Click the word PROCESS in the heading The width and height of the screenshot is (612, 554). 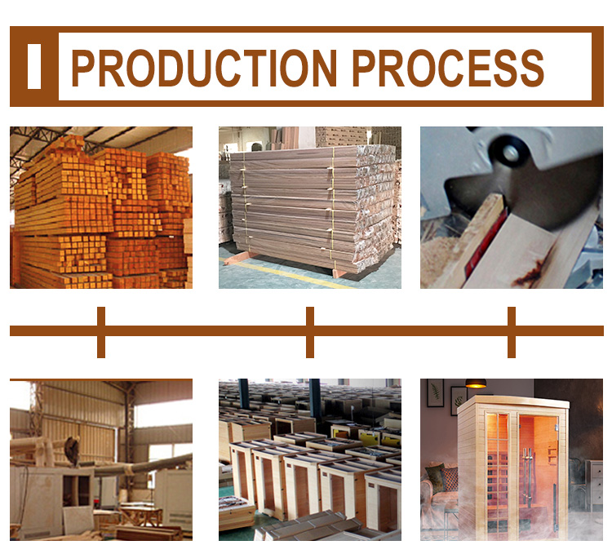pyautogui.click(x=448, y=68)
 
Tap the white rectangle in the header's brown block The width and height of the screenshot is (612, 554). pyautogui.click(x=34, y=66)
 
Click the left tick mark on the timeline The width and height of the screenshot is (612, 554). pyautogui.click(x=101, y=332)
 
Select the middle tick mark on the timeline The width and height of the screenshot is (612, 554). pyautogui.click(x=310, y=332)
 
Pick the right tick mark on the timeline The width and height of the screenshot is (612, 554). pyautogui.click(x=512, y=332)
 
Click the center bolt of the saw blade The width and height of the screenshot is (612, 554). pyautogui.click(x=511, y=153)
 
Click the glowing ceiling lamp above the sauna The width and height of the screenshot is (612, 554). pyautogui.click(x=476, y=383)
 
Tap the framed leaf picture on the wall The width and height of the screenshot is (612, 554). pyautogui.click(x=435, y=393)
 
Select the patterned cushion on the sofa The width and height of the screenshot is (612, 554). pyautogui.click(x=449, y=479)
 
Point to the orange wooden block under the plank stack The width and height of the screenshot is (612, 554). pyautogui.click(x=242, y=258)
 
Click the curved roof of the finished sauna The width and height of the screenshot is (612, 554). pyautogui.click(x=512, y=402)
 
